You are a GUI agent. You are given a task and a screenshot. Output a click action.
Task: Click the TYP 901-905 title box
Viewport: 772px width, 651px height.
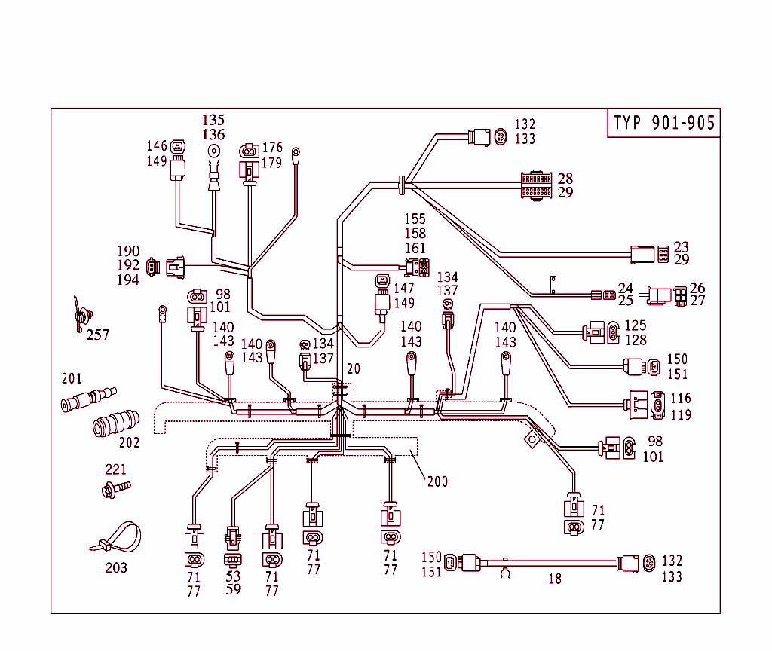663,124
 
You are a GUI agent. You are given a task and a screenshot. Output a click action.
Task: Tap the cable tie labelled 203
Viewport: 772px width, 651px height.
116,536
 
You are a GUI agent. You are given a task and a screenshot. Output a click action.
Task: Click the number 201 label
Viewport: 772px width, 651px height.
72,379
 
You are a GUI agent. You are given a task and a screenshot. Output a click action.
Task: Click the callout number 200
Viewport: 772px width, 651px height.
437,481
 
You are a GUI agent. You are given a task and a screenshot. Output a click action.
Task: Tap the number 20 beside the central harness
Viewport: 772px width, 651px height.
354,369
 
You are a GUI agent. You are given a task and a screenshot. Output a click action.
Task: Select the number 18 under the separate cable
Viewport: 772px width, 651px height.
555,579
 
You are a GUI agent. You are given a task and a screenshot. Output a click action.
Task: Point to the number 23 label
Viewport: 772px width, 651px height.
681,247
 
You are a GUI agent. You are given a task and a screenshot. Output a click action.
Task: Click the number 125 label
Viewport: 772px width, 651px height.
636,325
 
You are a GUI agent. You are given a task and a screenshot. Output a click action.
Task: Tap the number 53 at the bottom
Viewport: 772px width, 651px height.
233,576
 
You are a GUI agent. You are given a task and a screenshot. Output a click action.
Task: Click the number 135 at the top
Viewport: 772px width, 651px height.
213,120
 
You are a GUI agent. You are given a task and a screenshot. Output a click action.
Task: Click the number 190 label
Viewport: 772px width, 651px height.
128,251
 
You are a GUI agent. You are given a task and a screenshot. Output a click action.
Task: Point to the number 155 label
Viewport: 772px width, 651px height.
415,219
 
